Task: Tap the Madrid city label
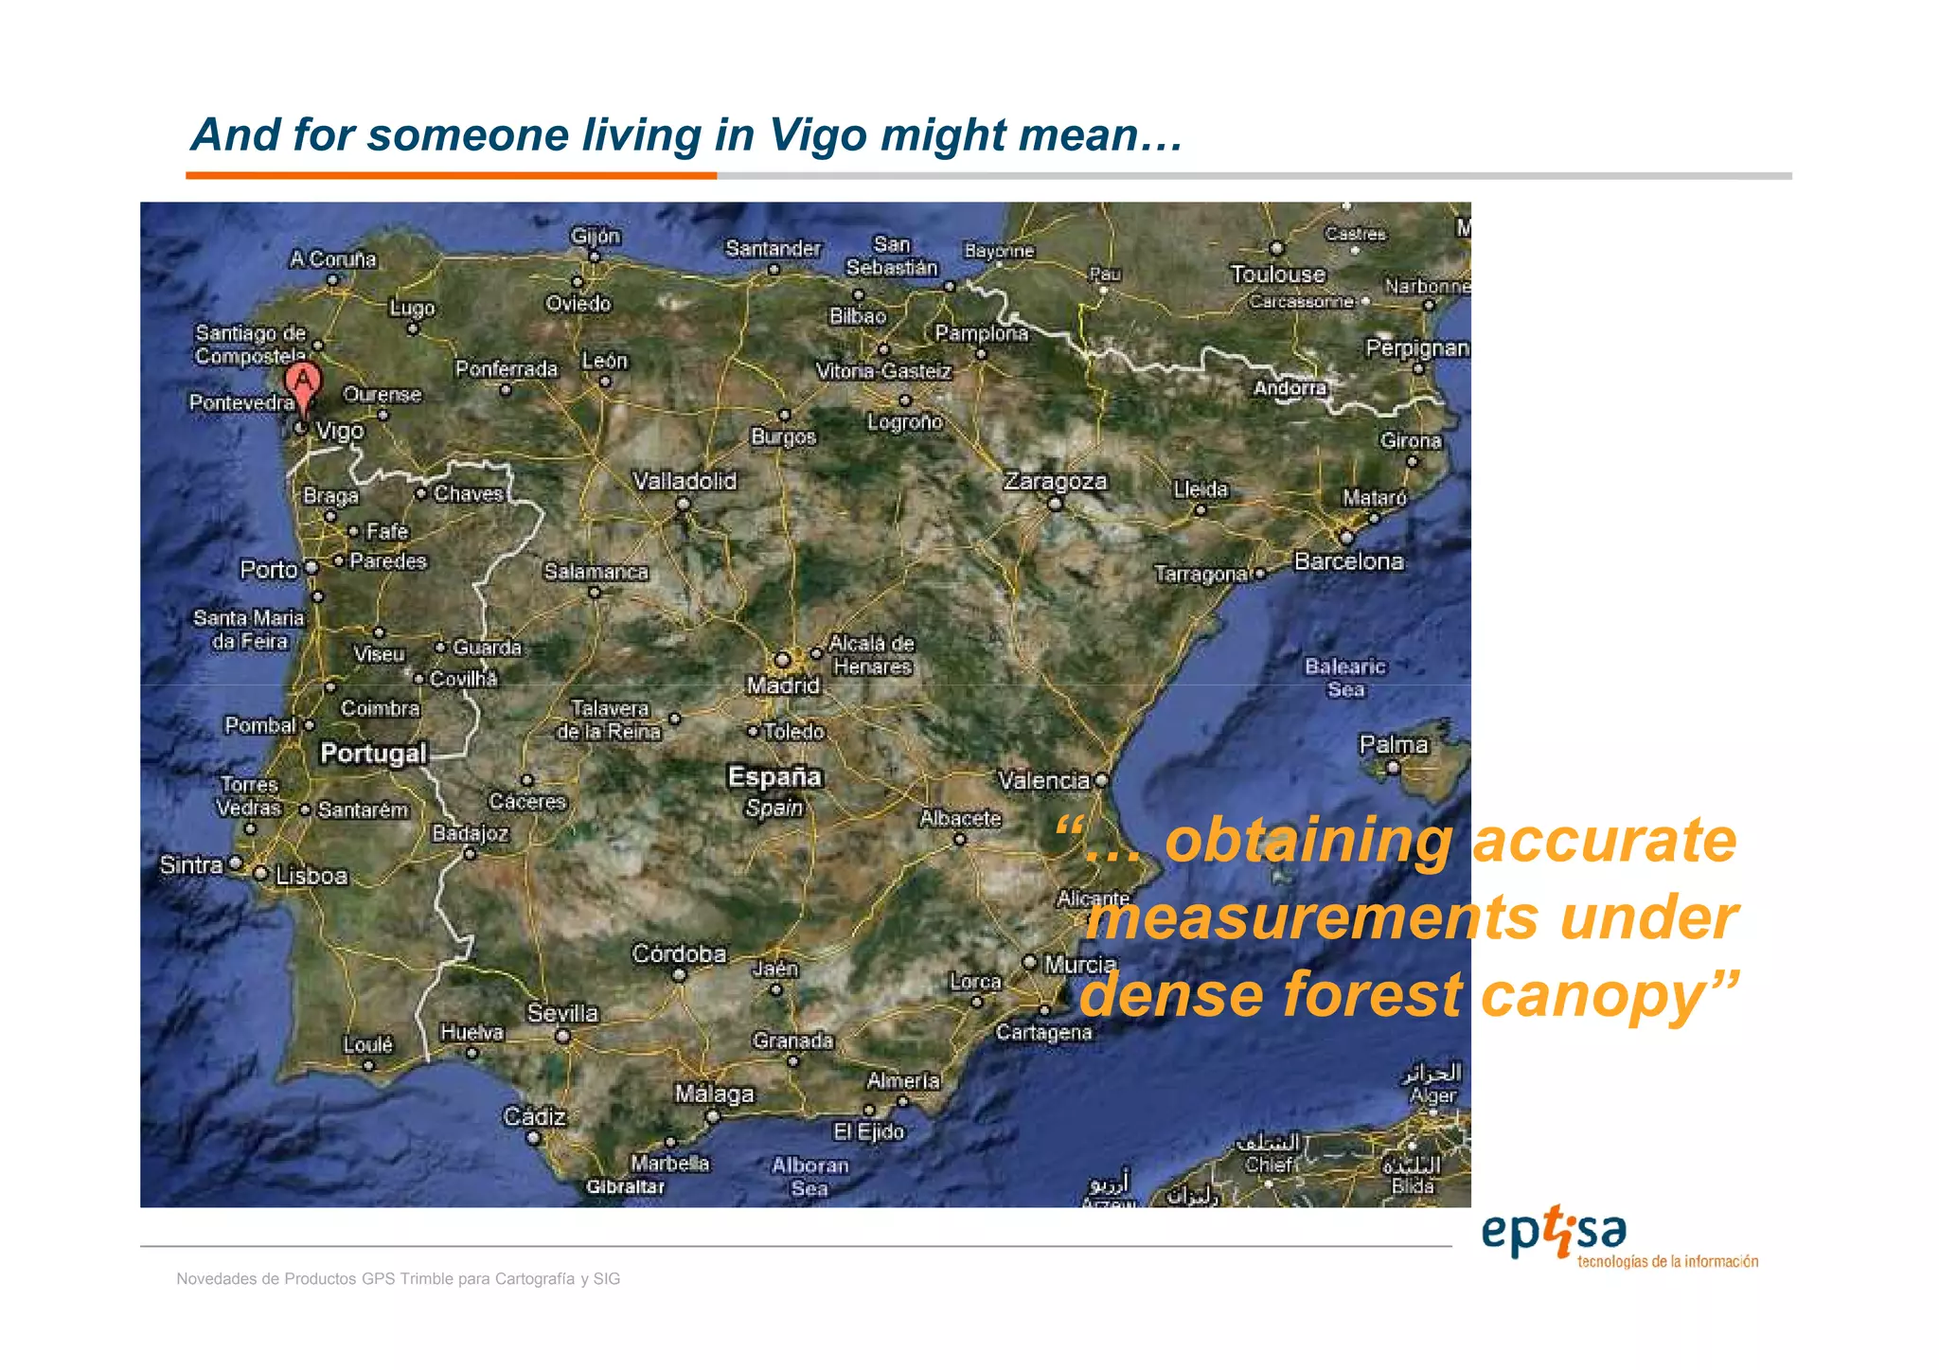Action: (x=783, y=685)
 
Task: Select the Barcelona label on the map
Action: (x=1348, y=561)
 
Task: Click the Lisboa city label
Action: (x=311, y=876)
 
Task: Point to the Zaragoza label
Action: (x=1055, y=481)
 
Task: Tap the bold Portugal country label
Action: (x=373, y=754)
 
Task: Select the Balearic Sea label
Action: (x=1344, y=678)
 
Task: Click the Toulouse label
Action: (x=1277, y=275)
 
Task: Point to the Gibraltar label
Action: (x=625, y=1187)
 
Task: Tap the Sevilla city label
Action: (x=562, y=1013)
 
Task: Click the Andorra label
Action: (x=1290, y=388)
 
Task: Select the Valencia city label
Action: (x=1043, y=781)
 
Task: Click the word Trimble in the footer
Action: (x=426, y=1279)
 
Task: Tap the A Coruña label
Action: (x=333, y=258)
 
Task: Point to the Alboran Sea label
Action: (x=809, y=1177)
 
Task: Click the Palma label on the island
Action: (x=1393, y=745)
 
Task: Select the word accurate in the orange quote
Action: (x=1605, y=841)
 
